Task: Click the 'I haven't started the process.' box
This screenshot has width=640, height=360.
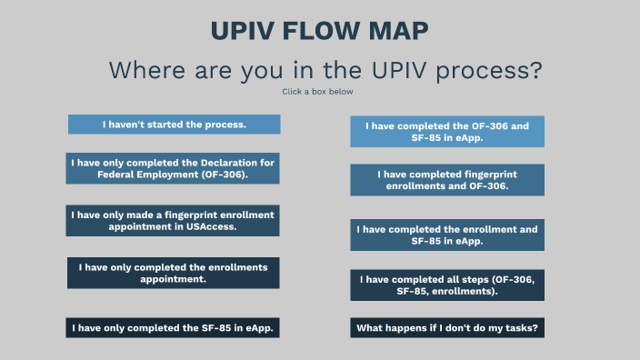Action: (174, 125)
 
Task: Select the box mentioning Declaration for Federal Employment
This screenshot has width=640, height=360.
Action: (173, 168)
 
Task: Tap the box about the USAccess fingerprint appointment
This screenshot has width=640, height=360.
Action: (173, 220)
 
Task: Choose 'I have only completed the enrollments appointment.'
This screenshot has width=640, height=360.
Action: (173, 273)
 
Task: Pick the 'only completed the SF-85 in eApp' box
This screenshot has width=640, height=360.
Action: (173, 327)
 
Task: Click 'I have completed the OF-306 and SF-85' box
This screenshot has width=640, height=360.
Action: (447, 132)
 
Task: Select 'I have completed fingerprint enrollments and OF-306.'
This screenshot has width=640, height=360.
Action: (447, 180)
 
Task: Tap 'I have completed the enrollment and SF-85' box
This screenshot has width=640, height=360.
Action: (447, 235)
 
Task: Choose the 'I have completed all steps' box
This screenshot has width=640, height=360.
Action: (447, 285)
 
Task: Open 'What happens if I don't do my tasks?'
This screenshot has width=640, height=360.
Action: (447, 327)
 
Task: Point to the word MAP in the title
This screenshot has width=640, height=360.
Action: (395, 31)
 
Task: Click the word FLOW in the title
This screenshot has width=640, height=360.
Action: (318, 31)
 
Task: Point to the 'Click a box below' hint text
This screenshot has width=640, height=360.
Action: (318, 92)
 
